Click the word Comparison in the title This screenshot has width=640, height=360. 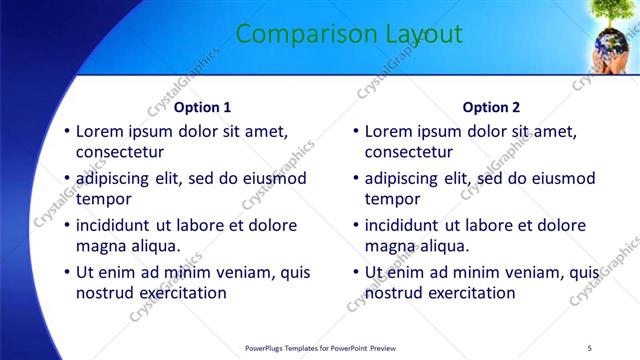[294, 35]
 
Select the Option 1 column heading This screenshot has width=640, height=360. [202, 107]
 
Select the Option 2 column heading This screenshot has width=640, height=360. [491, 107]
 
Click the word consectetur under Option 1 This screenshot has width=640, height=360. [119, 152]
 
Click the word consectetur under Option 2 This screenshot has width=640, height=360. [408, 152]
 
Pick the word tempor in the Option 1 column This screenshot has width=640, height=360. [101, 199]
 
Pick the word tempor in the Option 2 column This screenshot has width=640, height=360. [390, 199]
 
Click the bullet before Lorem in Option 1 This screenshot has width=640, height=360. [67, 131]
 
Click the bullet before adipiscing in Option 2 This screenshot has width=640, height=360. [356, 179]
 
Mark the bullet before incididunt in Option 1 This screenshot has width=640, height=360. [67, 226]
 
